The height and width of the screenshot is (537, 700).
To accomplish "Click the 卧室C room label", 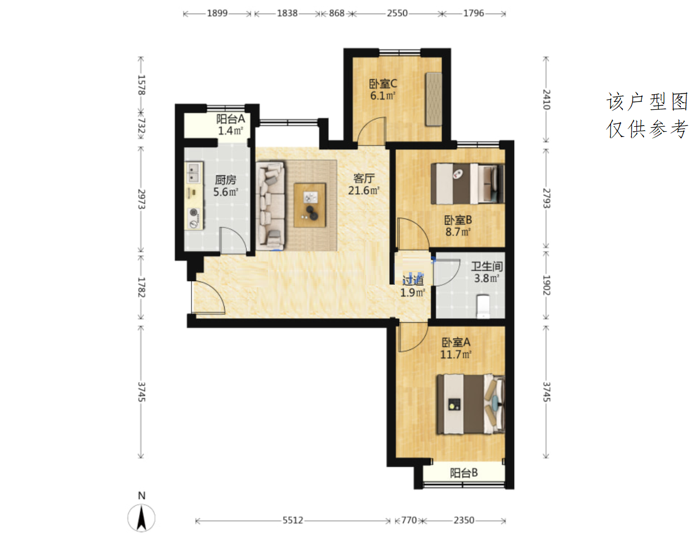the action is (x=383, y=84).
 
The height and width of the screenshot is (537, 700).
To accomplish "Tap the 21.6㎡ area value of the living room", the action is (x=363, y=190).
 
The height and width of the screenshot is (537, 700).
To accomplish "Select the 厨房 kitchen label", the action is (x=225, y=180).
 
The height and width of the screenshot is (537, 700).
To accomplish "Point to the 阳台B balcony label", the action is (x=463, y=473).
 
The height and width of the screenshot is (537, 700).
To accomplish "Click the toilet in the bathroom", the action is (x=483, y=306).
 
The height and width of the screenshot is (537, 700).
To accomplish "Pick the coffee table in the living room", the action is (x=310, y=205).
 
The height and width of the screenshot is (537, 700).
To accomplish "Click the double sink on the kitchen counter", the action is (x=193, y=172).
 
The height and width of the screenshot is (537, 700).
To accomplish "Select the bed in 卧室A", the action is (x=471, y=404).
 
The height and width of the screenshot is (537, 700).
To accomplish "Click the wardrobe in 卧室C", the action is (x=434, y=99).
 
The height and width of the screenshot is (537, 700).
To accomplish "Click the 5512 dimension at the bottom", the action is (x=292, y=520).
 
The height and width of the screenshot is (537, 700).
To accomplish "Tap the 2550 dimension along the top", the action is (x=397, y=13).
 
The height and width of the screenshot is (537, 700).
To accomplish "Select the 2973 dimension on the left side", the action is (x=141, y=199).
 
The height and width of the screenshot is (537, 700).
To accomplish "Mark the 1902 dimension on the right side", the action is (x=546, y=285).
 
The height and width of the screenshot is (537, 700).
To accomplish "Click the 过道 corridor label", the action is (x=413, y=280).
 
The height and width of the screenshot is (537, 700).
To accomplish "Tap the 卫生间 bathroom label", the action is (x=487, y=266).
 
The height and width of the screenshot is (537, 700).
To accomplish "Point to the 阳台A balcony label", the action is (x=230, y=119).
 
